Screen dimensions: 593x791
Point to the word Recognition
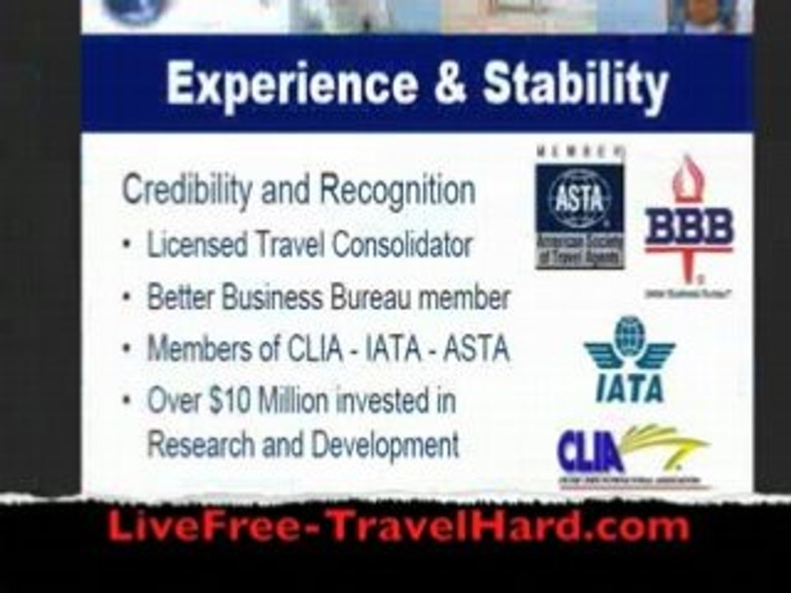pos(397,191)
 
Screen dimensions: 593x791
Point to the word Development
pos(385,445)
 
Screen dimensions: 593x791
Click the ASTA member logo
pos(580,209)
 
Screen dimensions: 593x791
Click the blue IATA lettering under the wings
pos(630,385)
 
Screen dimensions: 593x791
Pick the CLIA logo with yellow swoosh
pos(631,453)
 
